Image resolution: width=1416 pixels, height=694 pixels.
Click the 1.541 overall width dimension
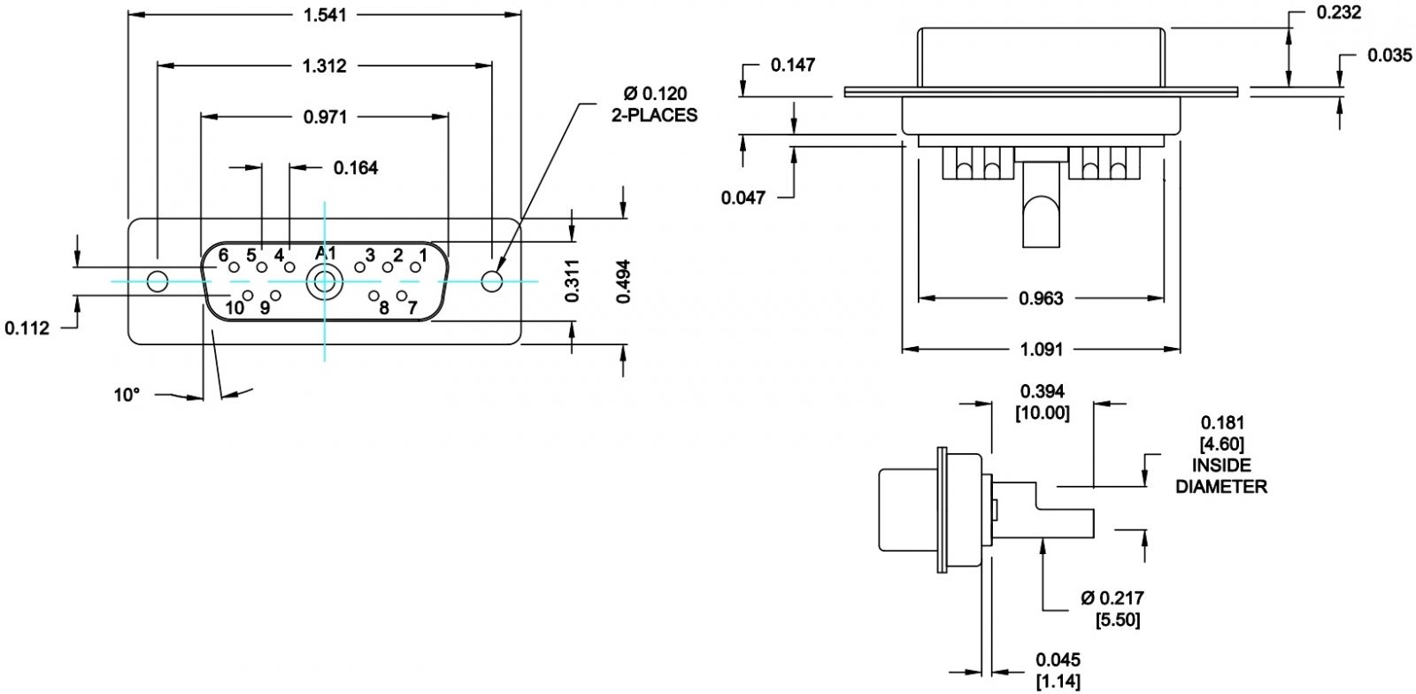pyautogui.click(x=325, y=14)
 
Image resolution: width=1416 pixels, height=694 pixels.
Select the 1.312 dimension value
pyautogui.click(x=325, y=66)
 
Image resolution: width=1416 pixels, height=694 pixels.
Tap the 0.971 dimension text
pyautogui.click(x=325, y=117)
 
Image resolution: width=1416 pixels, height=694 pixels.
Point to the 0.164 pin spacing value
pyautogui.click(x=356, y=168)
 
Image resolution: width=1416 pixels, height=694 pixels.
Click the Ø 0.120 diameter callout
pyautogui.click(x=655, y=94)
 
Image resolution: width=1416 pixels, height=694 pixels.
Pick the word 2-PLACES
pyautogui.click(x=654, y=115)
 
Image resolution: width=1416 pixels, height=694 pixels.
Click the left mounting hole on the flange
pyautogui.click(x=158, y=281)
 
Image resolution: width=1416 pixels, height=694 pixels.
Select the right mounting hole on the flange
pyautogui.click(x=492, y=281)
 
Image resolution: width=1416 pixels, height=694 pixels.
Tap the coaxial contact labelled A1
pyautogui.click(x=324, y=281)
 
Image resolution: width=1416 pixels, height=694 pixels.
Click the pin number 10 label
pyautogui.click(x=235, y=308)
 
